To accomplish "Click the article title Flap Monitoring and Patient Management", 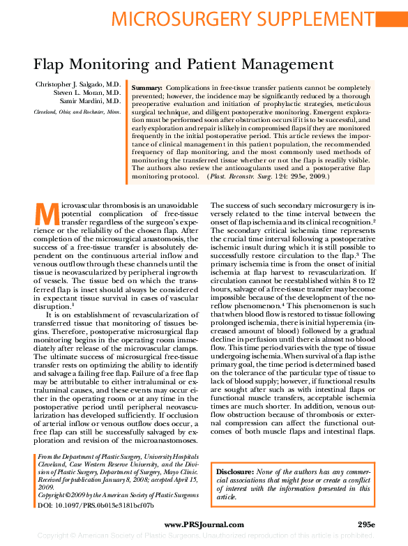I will point(184,65).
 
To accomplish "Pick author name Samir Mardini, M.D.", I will point(91,101).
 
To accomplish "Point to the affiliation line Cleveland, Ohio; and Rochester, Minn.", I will point(77,112).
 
